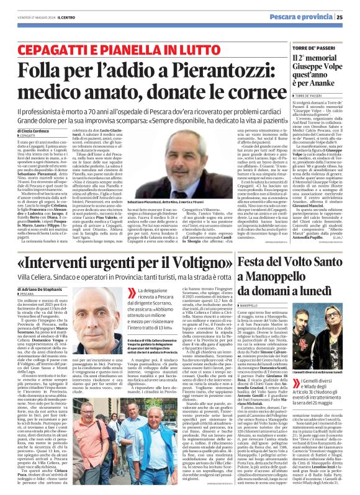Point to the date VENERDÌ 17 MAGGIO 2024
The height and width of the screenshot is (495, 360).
coord(30,17)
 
